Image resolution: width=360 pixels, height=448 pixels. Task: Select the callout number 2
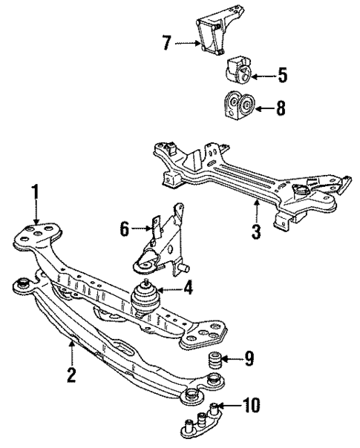click(71, 375)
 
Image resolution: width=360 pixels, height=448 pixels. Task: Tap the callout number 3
click(255, 232)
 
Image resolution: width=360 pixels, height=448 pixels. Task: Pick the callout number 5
click(282, 75)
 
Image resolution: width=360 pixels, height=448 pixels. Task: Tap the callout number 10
click(253, 405)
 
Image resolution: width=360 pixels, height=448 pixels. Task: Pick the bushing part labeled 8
click(238, 106)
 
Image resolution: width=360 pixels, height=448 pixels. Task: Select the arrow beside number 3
click(255, 211)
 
